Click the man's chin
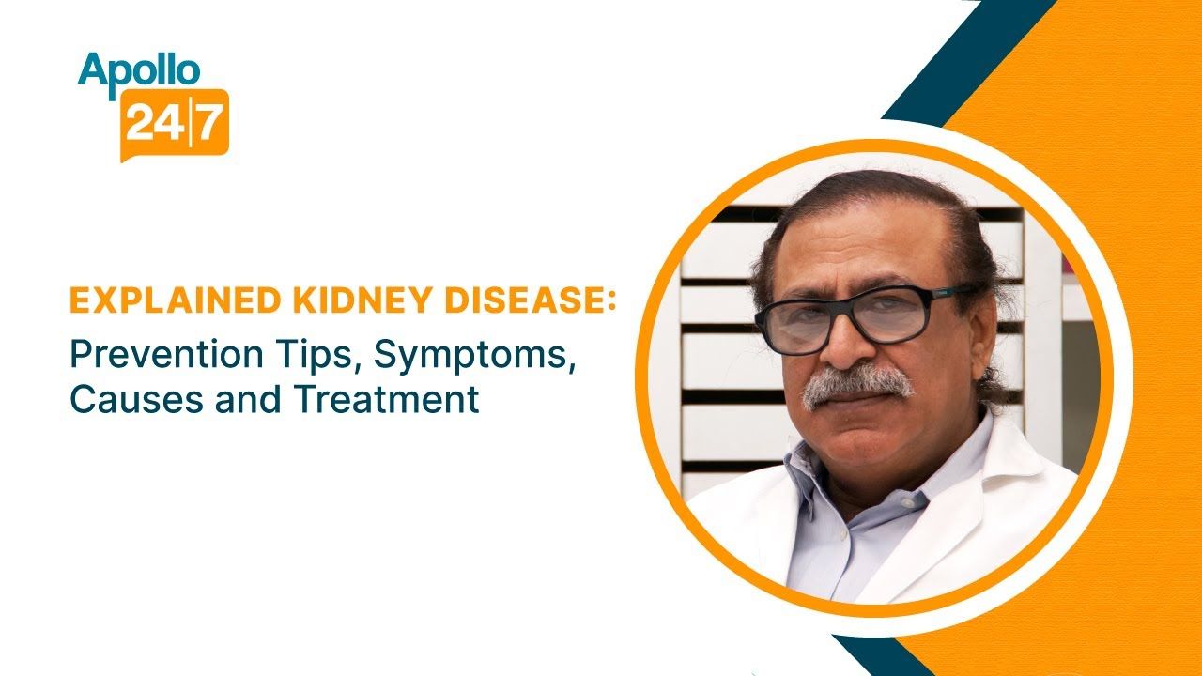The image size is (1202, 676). pyautogui.click(x=859, y=446)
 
